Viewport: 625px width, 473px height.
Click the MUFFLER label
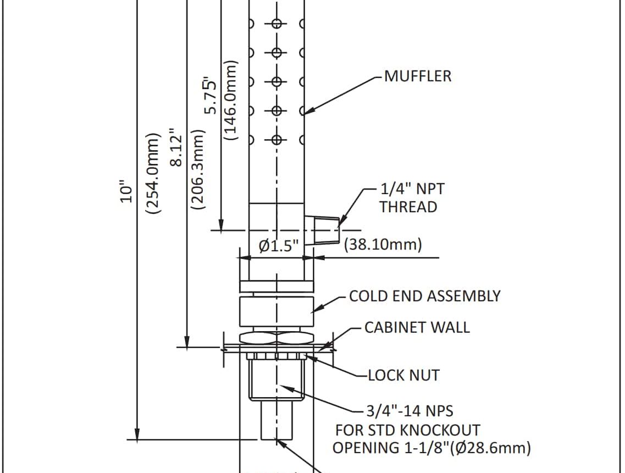[417, 76]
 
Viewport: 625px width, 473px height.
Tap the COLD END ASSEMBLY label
[424, 296]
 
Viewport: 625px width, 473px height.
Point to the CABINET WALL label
[417, 327]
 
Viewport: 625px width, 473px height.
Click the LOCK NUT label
[403, 376]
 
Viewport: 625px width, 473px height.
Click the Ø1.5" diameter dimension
[278, 246]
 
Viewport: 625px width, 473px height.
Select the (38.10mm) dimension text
[383, 245]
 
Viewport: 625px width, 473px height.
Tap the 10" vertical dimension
[127, 194]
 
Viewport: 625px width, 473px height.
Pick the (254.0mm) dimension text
[151, 172]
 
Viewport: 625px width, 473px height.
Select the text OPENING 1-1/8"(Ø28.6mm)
[432, 448]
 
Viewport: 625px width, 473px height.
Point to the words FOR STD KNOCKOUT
[407, 430]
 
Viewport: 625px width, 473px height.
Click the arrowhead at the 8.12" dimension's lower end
[187, 342]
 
